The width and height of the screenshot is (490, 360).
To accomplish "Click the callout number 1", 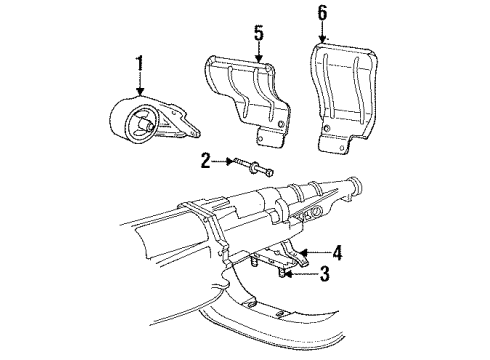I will [140, 67].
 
